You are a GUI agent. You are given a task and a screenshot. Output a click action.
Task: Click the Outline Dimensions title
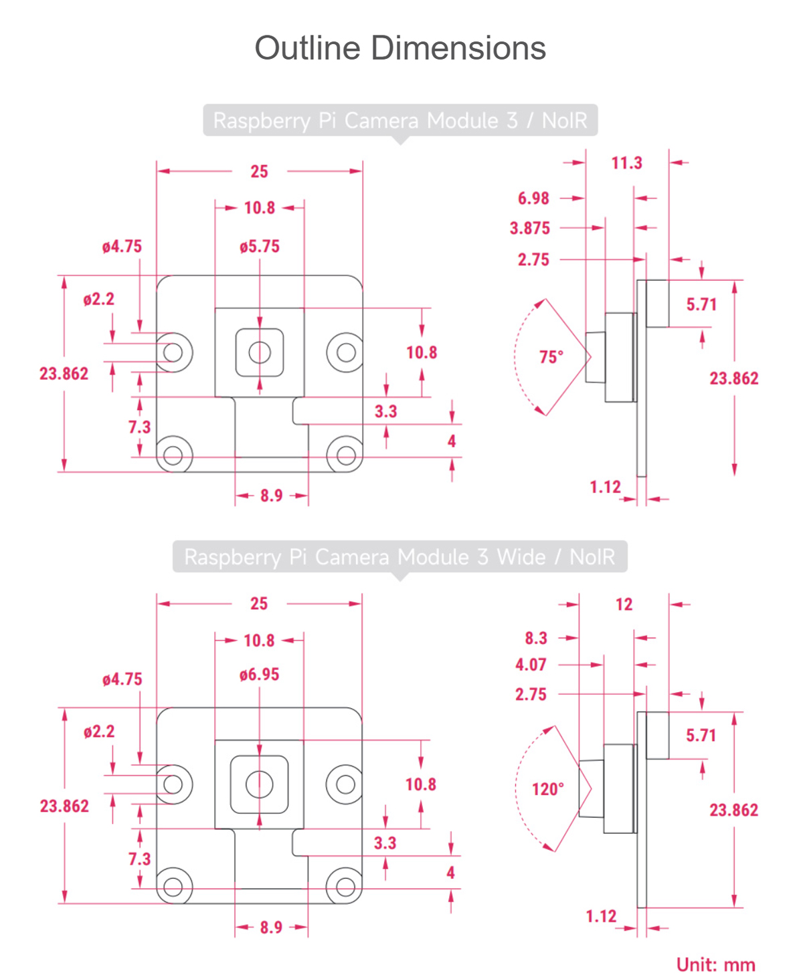(400, 48)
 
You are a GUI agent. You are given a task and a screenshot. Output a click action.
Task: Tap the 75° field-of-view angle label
(551, 356)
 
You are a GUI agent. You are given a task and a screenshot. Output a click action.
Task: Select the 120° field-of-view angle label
(547, 789)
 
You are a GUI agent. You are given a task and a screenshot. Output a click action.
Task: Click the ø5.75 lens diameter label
(260, 246)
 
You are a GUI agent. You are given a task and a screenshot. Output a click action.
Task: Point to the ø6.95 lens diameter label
(260, 674)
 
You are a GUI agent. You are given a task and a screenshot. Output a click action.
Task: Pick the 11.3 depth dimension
(626, 162)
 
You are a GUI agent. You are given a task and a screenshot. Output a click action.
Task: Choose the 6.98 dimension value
(533, 198)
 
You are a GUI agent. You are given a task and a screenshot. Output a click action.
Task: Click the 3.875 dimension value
(530, 228)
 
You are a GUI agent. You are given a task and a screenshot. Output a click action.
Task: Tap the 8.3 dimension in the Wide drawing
(536, 638)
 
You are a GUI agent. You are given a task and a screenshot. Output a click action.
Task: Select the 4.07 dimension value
(531, 665)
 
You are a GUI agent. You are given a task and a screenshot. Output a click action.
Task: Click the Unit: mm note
(715, 964)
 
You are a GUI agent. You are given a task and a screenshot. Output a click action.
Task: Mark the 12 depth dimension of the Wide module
(624, 605)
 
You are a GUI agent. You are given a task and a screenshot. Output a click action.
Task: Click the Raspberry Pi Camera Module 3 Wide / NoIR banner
(399, 556)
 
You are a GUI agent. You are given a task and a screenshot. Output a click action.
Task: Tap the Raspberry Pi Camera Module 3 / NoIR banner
(399, 120)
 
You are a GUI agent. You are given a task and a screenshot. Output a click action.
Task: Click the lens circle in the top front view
(260, 352)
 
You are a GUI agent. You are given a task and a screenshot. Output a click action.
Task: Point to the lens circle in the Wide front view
(260, 784)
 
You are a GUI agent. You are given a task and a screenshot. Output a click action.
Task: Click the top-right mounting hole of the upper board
(345, 352)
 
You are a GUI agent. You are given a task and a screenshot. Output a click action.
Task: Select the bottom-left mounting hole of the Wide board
(173, 887)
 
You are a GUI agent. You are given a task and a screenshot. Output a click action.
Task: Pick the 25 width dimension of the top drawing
(260, 171)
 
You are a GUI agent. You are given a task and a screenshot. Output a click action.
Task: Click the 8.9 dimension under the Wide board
(271, 928)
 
